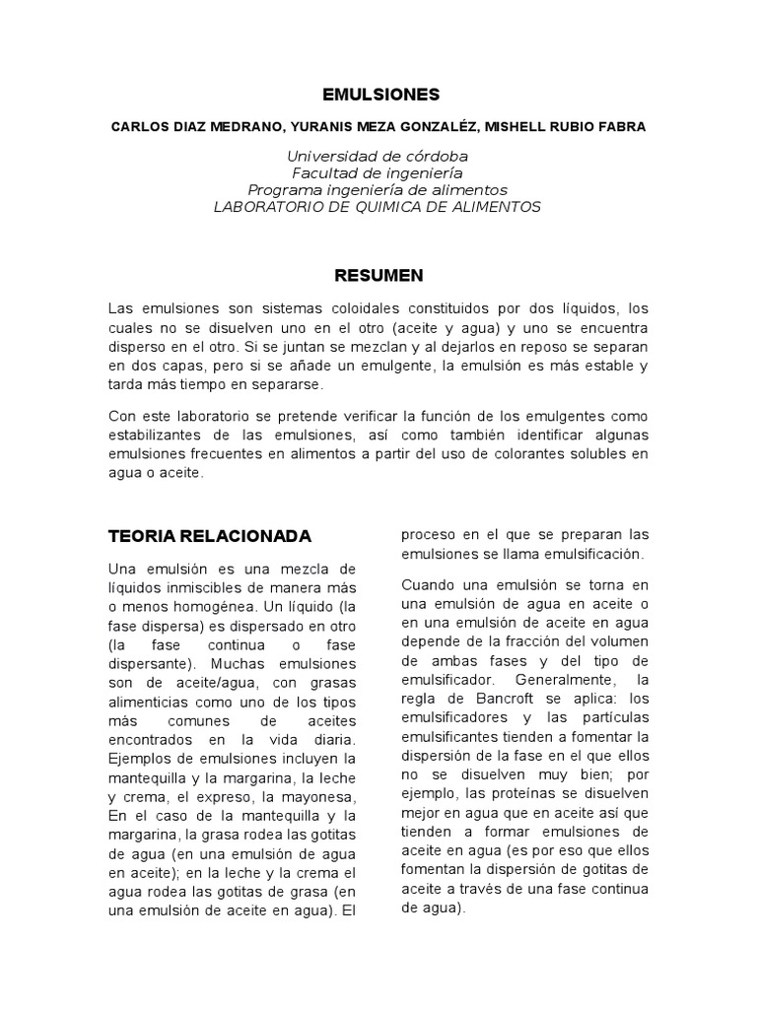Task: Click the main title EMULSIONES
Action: point(380,95)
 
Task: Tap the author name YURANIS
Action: point(327,127)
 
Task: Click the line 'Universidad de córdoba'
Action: point(378,157)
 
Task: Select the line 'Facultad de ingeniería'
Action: point(378,173)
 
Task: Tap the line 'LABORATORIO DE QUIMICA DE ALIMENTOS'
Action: point(378,206)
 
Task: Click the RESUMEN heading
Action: point(379,274)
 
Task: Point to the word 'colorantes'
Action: point(521,453)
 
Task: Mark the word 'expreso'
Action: point(247,796)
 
